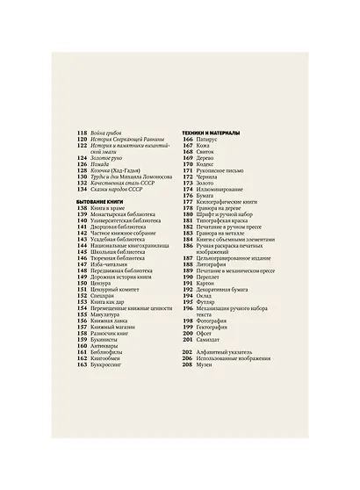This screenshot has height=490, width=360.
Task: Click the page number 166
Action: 187,138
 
